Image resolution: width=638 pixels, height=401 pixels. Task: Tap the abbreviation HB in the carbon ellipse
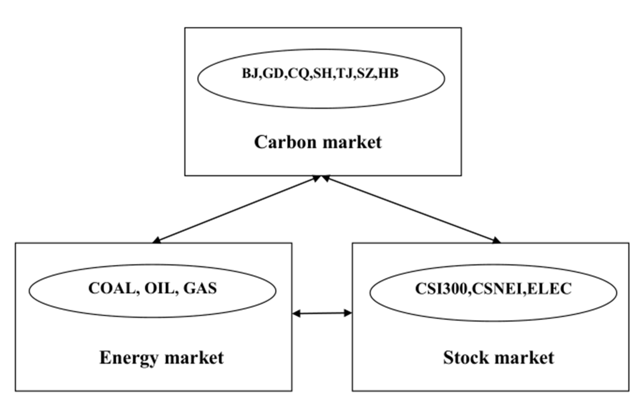pyautogui.click(x=388, y=73)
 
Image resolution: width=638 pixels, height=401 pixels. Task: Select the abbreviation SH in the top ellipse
pyautogui.click(x=324, y=73)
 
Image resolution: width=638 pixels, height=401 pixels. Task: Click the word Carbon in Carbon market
pyautogui.click(x=285, y=142)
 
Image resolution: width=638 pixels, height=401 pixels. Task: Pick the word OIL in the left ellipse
pyautogui.click(x=159, y=288)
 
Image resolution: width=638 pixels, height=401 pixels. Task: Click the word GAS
pyautogui.click(x=200, y=288)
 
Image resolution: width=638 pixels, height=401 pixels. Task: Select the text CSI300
pyautogui.click(x=441, y=289)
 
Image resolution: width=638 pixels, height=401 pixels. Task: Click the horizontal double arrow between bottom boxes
pyautogui.click(x=322, y=313)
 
